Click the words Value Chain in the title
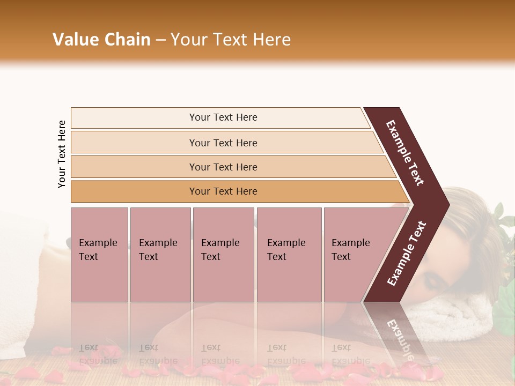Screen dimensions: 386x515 (101, 40)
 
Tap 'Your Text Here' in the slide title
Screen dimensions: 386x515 (231, 40)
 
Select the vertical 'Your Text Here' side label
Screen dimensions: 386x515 (62, 154)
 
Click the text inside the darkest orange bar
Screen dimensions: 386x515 (223, 191)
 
